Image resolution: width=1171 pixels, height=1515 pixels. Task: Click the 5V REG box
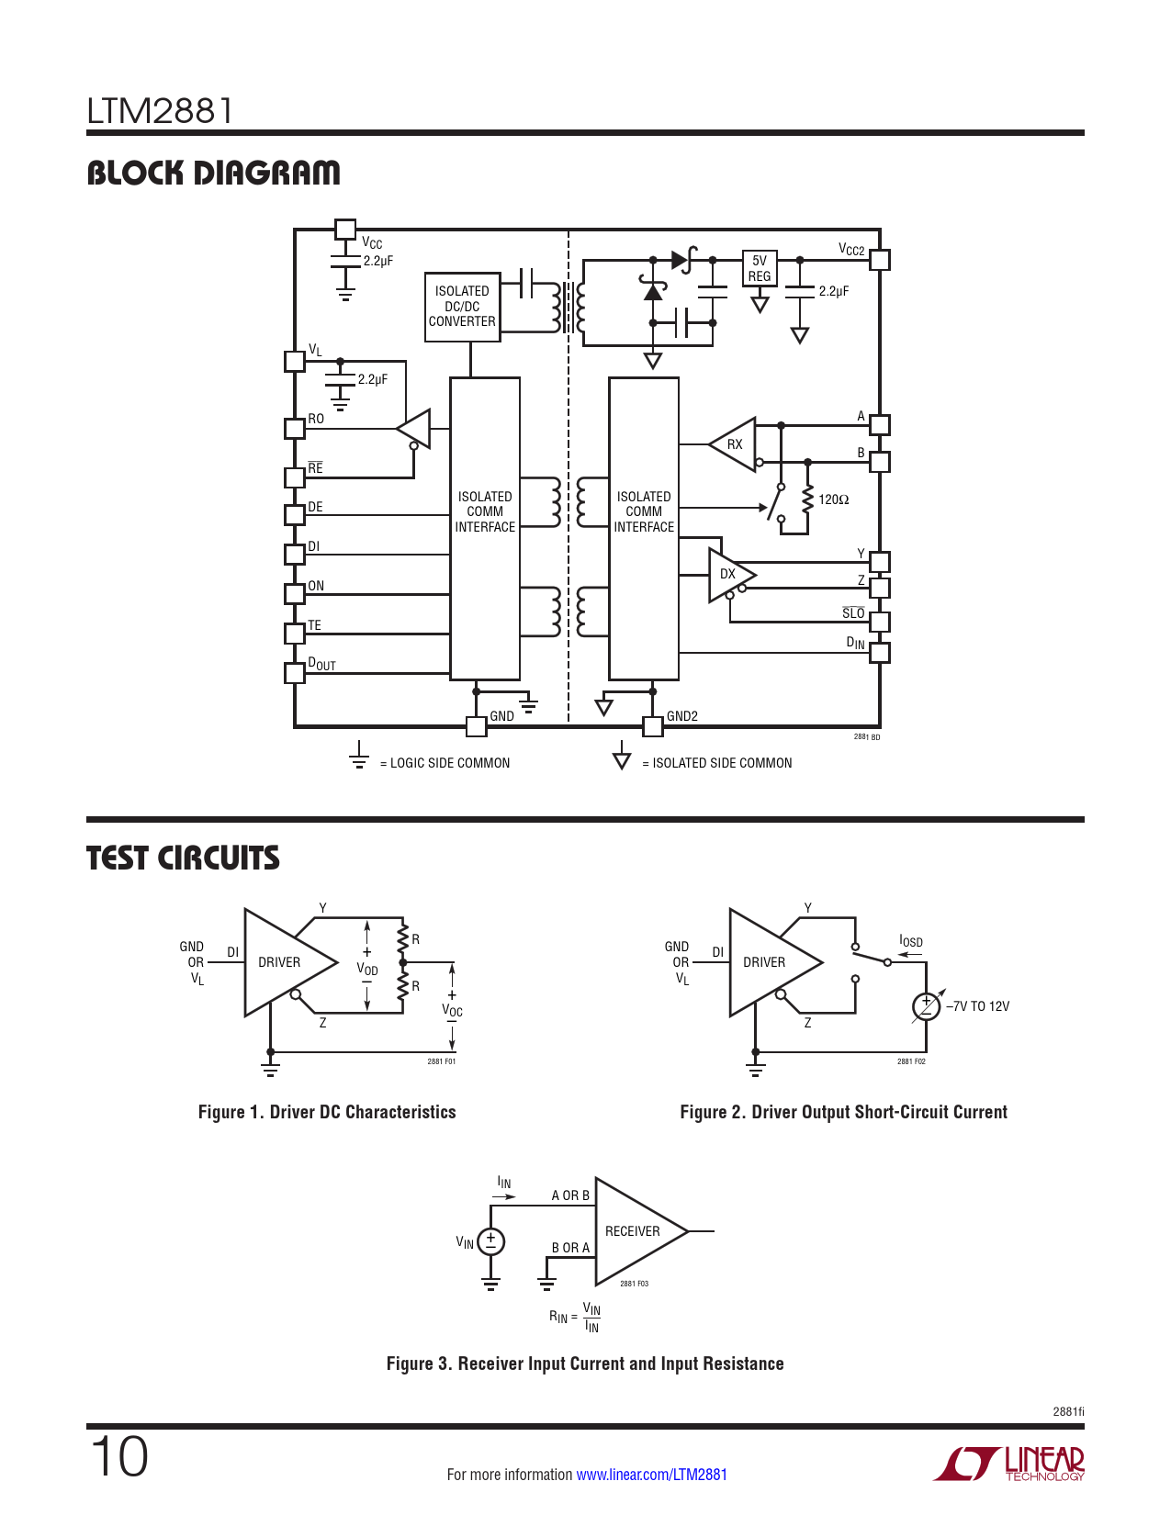(759, 268)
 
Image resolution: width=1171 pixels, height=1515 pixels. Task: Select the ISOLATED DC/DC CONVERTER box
(462, 307)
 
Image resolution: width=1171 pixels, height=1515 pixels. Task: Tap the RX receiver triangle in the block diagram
(732, 444)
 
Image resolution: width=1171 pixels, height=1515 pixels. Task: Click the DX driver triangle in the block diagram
(732, 575)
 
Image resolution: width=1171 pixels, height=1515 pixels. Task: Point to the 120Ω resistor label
(833, 499)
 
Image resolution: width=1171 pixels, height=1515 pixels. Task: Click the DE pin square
(295, 515)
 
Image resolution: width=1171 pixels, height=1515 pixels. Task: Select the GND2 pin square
(653, 726)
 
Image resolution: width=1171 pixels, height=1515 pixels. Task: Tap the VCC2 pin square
(880, 260)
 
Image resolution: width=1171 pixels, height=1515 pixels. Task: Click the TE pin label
(314, 624)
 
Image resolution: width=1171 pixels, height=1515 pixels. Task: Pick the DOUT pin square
(295, 673)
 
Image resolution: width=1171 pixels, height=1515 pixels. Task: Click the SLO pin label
(853, 612)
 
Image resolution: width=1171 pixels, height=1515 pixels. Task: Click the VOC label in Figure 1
(452, 1010)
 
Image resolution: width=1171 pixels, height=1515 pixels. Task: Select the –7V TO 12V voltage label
(978, 1006)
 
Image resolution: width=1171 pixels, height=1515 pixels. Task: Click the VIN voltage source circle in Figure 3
(491, 1241)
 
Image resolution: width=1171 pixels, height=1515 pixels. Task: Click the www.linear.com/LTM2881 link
(651, 1474)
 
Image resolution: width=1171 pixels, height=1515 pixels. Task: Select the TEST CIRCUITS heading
(183, 858)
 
